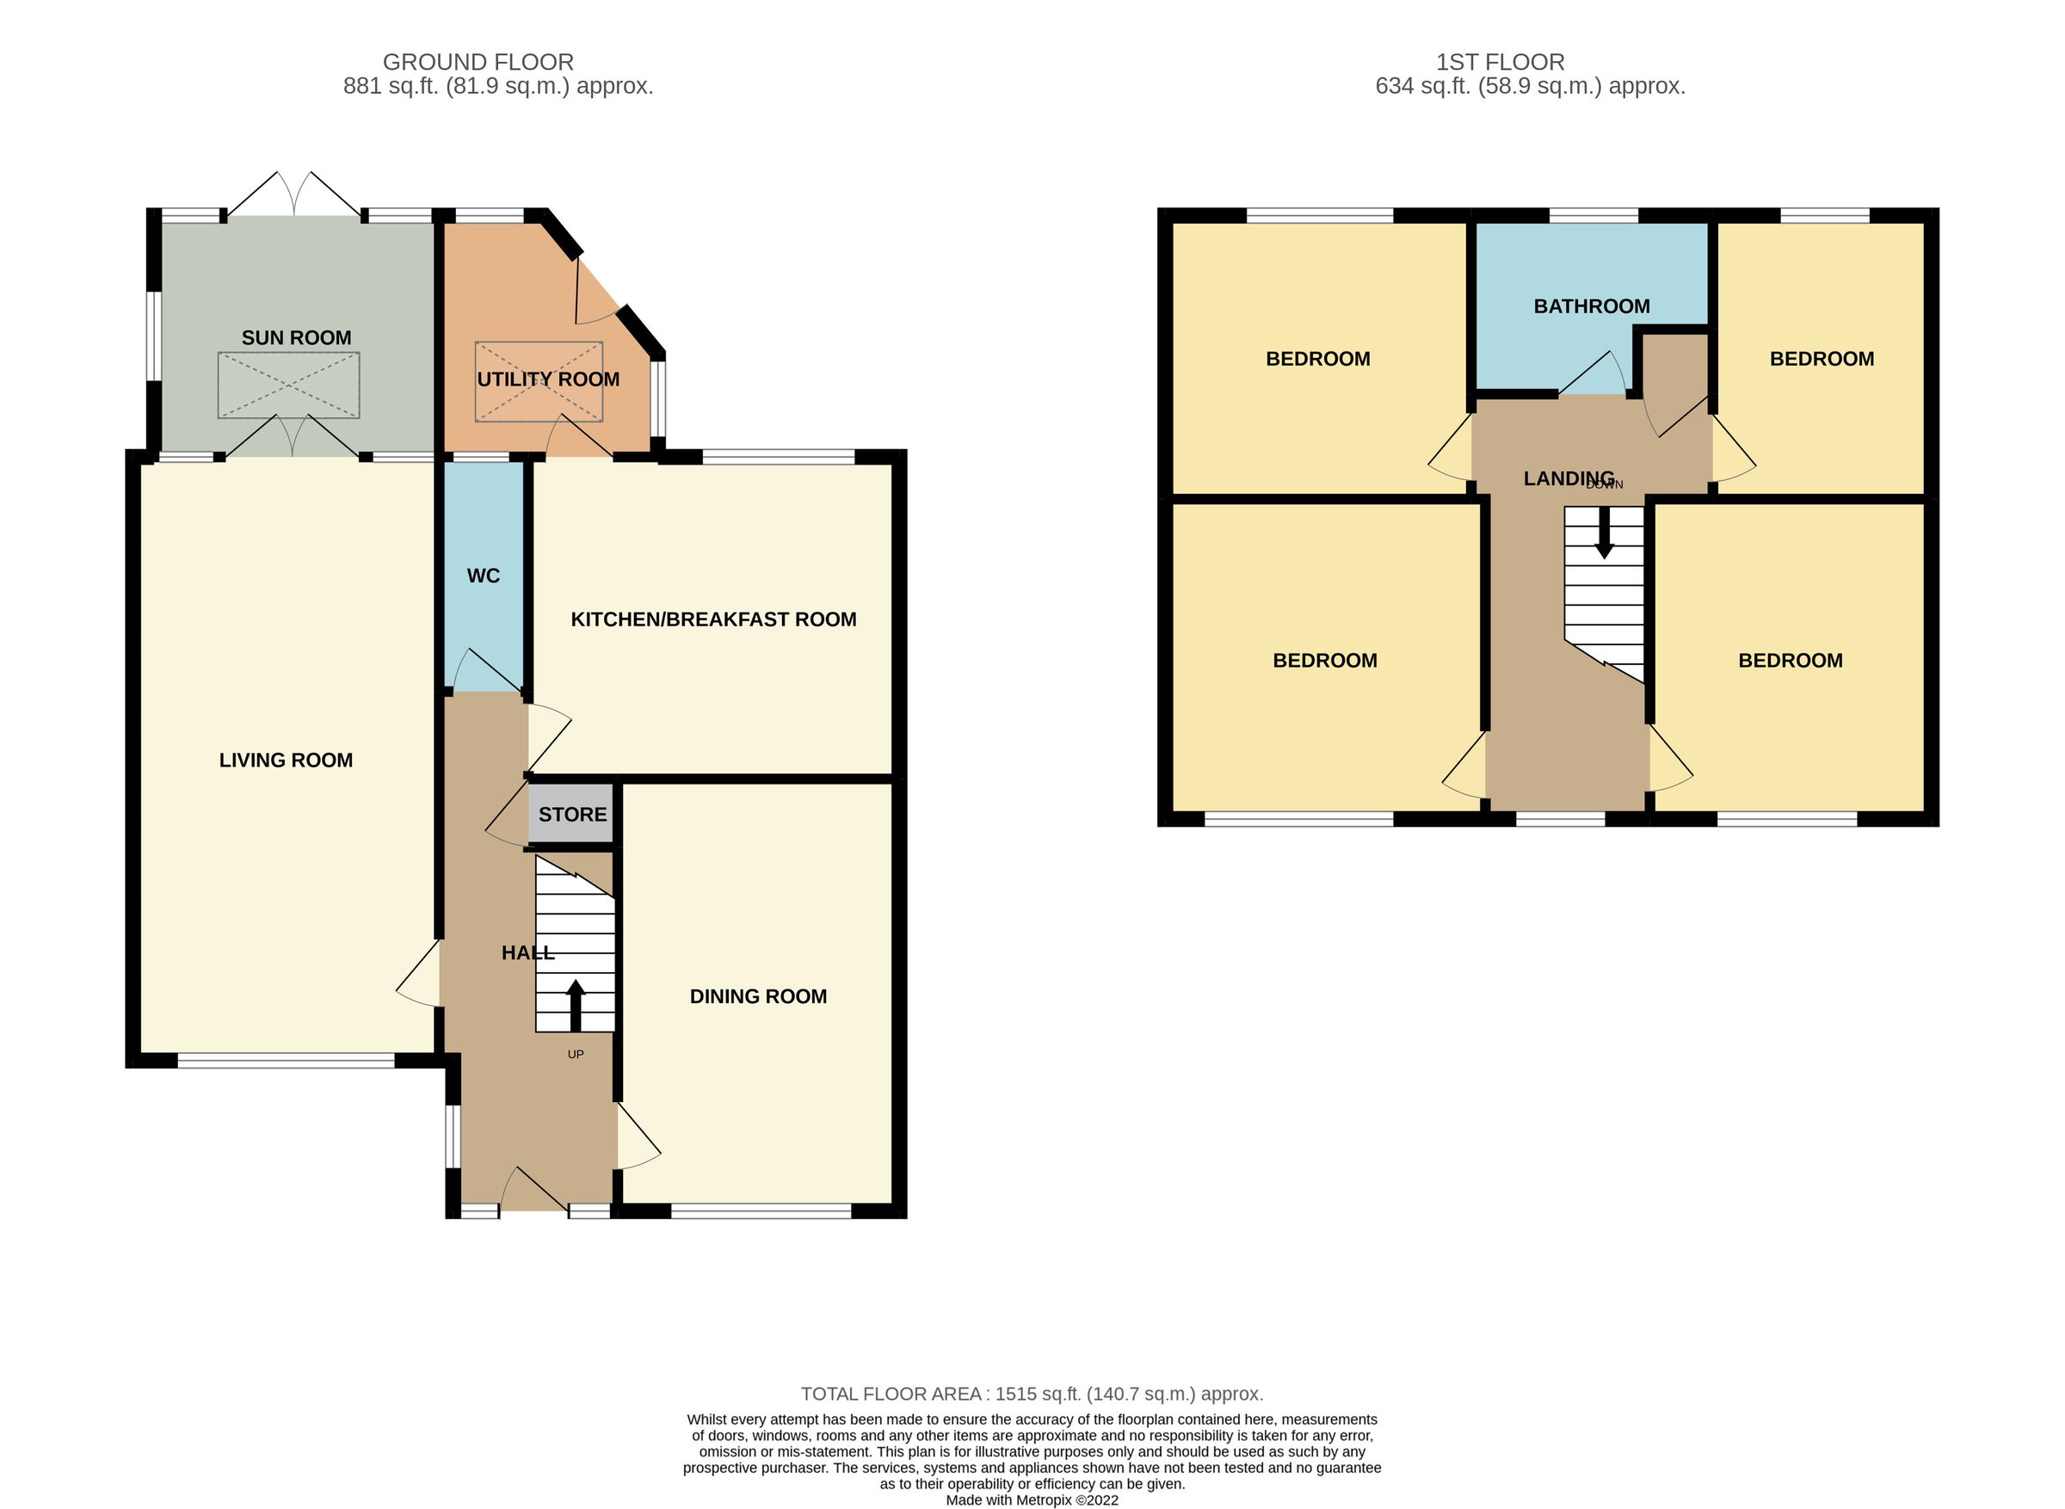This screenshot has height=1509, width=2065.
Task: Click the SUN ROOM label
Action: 296,338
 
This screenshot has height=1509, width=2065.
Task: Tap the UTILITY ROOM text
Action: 548,379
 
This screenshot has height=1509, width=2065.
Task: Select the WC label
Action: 484,576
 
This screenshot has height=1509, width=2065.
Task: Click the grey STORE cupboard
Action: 571,815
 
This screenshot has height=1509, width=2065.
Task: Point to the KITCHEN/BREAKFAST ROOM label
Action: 713,620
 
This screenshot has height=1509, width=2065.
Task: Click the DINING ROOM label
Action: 758,996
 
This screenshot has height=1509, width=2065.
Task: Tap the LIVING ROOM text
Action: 286,760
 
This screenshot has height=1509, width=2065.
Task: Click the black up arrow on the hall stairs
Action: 576,1006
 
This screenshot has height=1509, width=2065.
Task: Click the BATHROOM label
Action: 1592,307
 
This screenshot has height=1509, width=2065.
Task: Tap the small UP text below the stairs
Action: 576,1054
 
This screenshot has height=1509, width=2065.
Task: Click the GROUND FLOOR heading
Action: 478,62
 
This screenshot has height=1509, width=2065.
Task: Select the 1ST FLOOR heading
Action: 1501,62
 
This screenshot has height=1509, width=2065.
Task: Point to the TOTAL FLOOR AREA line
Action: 1032,1394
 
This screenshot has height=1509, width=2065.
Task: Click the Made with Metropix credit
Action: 1032,1500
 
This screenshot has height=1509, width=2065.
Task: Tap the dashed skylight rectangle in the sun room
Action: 288,385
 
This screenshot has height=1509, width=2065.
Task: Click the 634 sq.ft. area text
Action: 1530,87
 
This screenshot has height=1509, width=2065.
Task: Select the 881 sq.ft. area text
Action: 498,87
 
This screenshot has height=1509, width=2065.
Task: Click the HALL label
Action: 527,952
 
